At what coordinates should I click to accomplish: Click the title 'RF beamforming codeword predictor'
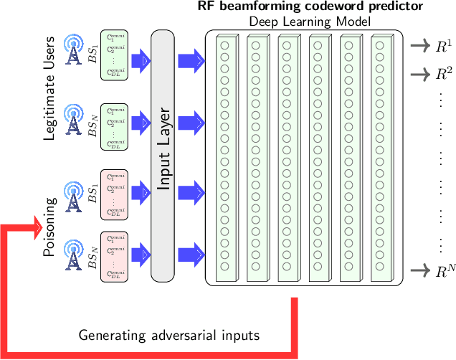(310, 7)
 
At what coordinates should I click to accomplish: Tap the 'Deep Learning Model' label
(310, 22)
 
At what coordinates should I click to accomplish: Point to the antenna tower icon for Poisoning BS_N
(73, 255)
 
